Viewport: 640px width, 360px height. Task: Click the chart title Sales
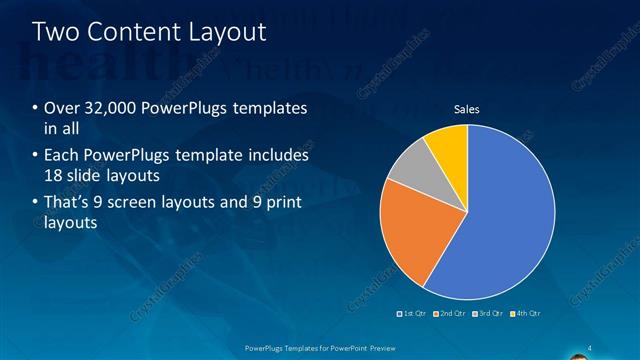coord(467,109)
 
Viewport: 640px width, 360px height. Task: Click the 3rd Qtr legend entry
coord(487,314)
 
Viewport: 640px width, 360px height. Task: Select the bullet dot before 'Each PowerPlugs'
coord(36,156)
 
